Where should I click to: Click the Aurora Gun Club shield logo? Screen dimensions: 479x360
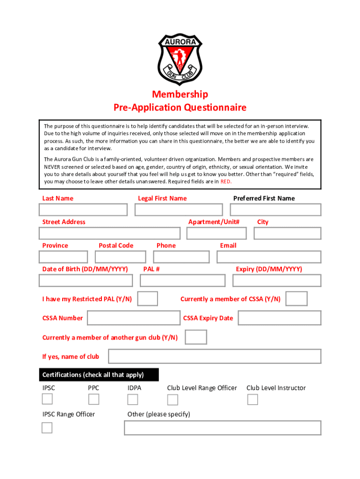(x=180, y=59)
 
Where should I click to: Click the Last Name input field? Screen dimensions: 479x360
(x=83, y=210)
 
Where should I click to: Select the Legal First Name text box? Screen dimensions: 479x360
(x=179, y=210)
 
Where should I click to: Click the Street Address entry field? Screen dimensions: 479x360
(x=109, y=233)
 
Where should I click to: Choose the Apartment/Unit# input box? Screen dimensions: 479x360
(x=216, y=233)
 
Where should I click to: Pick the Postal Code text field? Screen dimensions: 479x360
(x=120, y=257)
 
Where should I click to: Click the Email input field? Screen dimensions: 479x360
(x=269, y=257)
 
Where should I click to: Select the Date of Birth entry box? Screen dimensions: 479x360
(x=86, y=280)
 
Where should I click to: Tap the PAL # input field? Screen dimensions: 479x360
(x=182, y=280)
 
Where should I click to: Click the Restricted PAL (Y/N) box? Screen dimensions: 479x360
(x=148, y=298)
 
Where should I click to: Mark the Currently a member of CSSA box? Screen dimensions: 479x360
(x=296, y=298)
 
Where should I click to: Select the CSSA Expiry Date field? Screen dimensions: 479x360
(x=280, y=318)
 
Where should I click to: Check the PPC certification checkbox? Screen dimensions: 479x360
(x=94, y=399)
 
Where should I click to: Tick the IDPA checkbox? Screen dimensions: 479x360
(x=133, y=399)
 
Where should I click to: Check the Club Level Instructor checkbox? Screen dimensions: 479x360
(x=252, y=399)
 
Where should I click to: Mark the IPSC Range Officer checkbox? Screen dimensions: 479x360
(x=47, y=428)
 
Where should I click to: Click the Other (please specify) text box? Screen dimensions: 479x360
(x=223, y=428)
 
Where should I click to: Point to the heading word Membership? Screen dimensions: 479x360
(x=180, y=94)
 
